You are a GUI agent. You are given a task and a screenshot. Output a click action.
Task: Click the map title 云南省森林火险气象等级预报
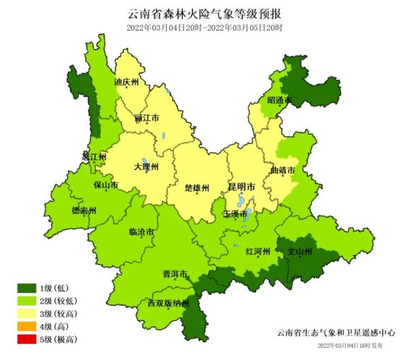click(204, 13)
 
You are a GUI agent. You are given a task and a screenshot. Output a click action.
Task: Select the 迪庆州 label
click(126, 82)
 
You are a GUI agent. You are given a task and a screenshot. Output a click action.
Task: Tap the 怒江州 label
click(94, 156)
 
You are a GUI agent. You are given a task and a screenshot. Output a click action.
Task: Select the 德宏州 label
click(84, 211)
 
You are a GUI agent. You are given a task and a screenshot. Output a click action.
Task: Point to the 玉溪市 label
click(236, 214)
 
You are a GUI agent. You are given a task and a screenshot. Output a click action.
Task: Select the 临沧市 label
click(141, 232)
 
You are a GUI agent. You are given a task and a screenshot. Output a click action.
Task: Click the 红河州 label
click(258, 252)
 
